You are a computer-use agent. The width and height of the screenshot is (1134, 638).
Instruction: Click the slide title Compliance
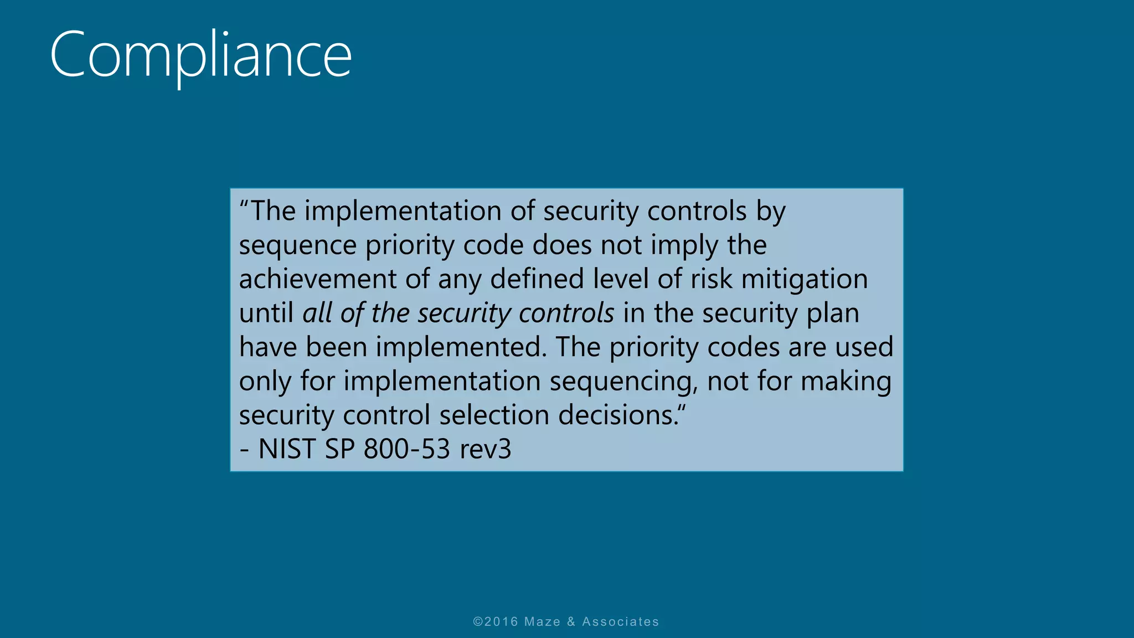(x=200, y=55)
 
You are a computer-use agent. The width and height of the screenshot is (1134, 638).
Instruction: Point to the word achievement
(x=317, y=279)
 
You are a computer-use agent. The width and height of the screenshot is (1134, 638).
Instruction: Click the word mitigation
(x=804, y=279)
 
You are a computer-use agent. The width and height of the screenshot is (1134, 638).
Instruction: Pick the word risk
(x=711, y=279)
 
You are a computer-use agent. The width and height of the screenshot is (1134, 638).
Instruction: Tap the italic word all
(x=317, y=313)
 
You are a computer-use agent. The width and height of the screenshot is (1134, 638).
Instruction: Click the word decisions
(x=618, y=415)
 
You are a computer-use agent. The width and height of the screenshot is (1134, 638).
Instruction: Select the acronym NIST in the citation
(x=287, y=449)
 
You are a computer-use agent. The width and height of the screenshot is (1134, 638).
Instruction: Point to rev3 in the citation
(x=485, y=449)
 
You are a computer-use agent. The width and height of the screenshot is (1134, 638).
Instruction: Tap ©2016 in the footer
(x=496, y=622)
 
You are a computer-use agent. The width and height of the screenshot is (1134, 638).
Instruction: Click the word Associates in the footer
(x=620, y=622)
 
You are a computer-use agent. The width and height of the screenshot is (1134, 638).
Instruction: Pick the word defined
(x=537, y=279)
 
